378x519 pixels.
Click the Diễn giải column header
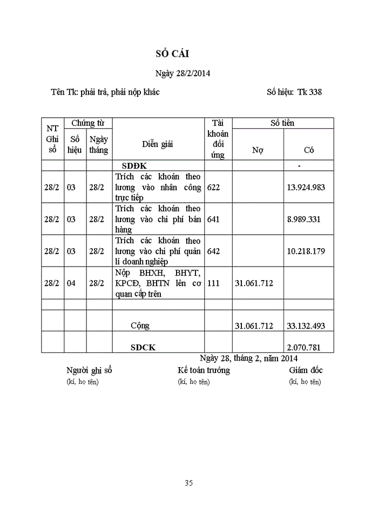pyautogui.click(x=158, y=144)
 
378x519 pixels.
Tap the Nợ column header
pyautogui.click(x=258, y=150)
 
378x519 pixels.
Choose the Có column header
pyautogui.click(x=309, y=150)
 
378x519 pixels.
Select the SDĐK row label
pyautogui.click(x=134, y=165)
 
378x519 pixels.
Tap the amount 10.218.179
pyautogui.click(x=306, y=251)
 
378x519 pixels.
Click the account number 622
pyautogui.click(x=214, y=188)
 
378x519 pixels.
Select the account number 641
pyautogui.click(x=214, y=219)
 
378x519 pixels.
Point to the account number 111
pyautogui.click(x=214, y=283)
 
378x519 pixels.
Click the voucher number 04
pyautogui.click(x=71, y=283)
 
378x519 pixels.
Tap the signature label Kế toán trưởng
pyautogui.click(x=204, y=370)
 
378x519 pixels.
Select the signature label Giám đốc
pyautogui.click(x=306, y=370)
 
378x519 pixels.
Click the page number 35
pyautogui.click(x=188, y=483)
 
